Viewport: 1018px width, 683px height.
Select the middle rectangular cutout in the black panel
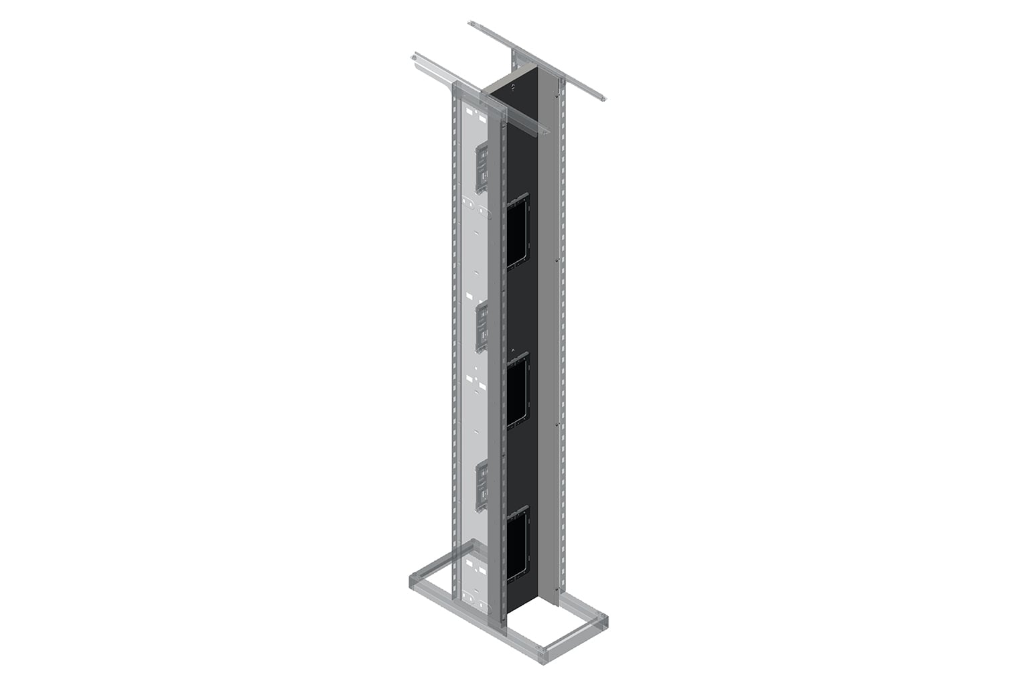(518, 392)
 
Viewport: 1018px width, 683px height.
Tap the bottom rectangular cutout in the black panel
(517, 542)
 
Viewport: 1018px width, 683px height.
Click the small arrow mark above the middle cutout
(512, 351)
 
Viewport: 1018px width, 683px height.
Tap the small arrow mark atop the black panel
(513, 86)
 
